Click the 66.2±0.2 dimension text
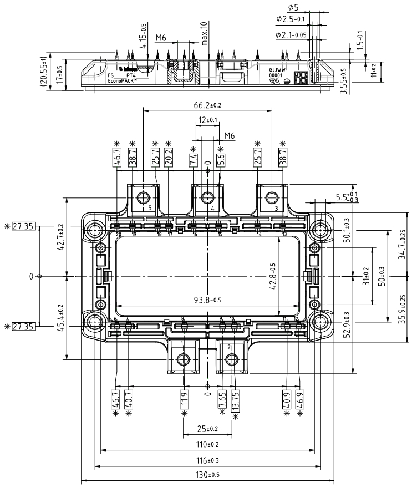[x=207, y=105]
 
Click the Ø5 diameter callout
[x=294, y=7]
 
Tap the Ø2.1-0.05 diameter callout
[x=292, y=35]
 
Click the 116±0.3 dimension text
[x=208, y=460]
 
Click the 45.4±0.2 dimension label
[x=59, y=317]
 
